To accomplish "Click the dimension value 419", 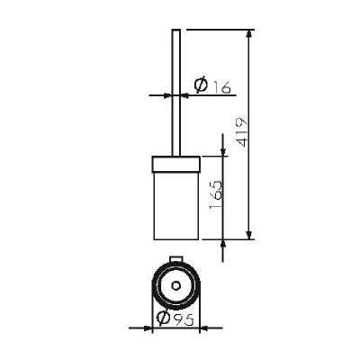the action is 241,132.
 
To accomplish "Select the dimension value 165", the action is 216,194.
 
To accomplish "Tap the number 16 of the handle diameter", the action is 222,87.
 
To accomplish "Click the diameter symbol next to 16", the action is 201,85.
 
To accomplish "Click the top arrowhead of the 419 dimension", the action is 248,33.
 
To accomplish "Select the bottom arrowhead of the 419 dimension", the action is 248,236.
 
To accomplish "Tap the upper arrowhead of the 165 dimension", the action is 222,152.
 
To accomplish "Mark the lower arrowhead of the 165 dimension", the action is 222,244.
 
